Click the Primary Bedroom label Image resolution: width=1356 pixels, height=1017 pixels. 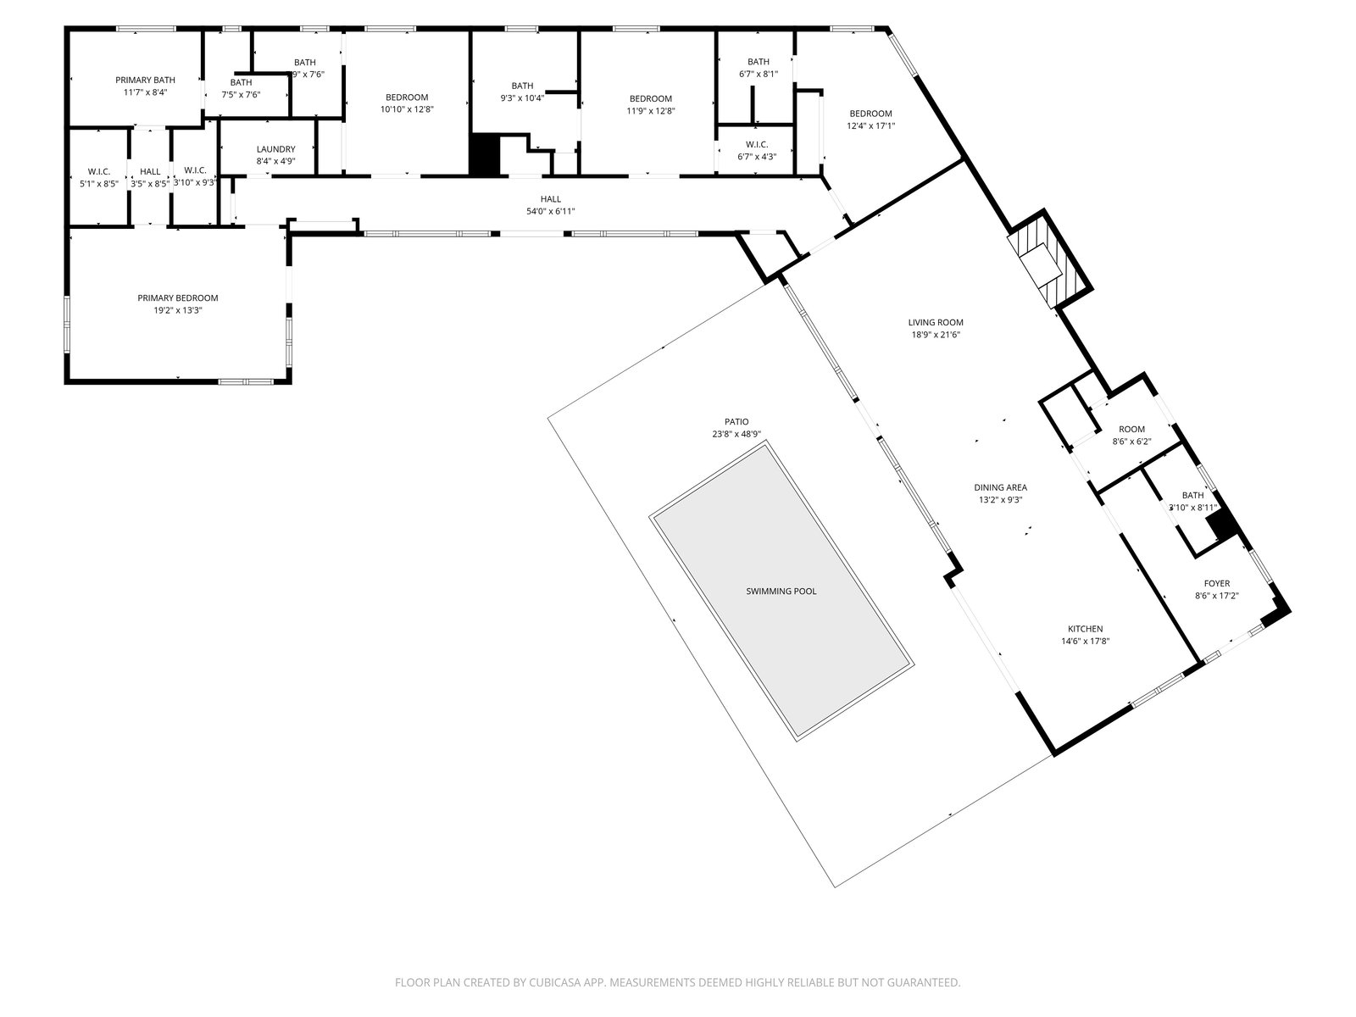(178, 298)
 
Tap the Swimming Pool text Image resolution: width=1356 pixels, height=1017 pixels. (781, 592)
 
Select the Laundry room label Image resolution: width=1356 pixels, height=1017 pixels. (275, 149)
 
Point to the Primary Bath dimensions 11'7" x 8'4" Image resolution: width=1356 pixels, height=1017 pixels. (146, 92)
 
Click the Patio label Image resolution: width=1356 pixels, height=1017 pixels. (736, 421)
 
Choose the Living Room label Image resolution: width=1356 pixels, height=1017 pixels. (936, 322)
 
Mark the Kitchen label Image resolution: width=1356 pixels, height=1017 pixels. (1085, 629)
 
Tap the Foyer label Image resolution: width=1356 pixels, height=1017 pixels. (1217, 583)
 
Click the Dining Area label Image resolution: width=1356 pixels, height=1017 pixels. (1000, 487)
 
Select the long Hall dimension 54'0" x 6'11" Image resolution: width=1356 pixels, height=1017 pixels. (551, 211)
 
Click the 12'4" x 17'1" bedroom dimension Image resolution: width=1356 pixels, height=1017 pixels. (870, 125)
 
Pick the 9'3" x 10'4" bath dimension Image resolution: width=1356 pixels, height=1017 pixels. (522, 97)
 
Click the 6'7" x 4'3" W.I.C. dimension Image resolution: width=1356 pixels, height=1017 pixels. (757, 156)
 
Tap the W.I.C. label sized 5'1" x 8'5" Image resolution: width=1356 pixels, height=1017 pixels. (99, 172)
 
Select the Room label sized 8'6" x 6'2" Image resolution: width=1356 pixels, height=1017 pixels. (1131, 430)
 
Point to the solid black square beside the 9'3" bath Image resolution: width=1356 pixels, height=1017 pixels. (486, 155)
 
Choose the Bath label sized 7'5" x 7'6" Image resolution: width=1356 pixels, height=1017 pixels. (241, 82)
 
